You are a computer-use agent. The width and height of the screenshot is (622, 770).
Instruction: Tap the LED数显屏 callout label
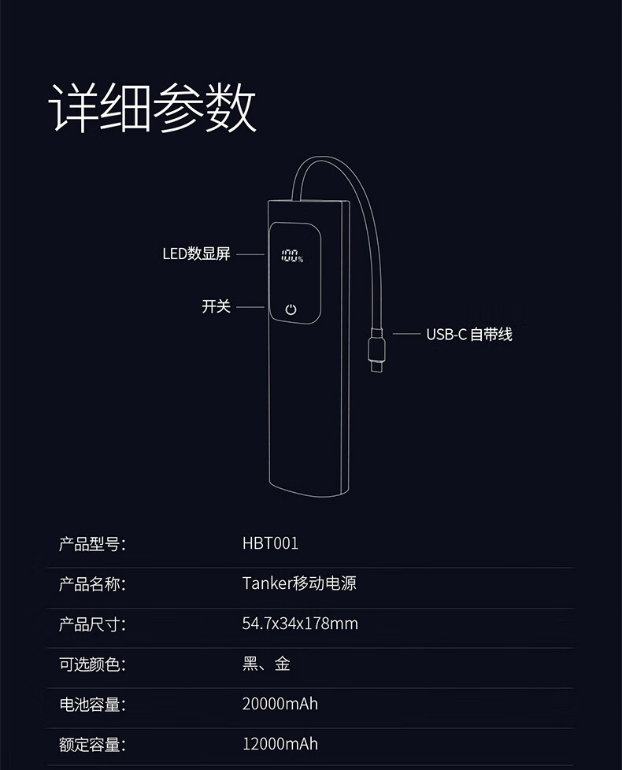click(x=196, y=254)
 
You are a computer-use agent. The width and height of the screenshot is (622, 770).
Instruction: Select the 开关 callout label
click(x=216, y=306)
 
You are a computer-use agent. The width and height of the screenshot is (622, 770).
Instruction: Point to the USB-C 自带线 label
click(x=469, y=334)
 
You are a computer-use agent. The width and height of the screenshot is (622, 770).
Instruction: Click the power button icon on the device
click(x=291, y=309)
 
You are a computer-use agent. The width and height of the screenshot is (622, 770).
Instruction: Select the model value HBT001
click(x=270, y=543)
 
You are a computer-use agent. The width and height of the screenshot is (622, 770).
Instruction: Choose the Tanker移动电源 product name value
click(x=299, y=583)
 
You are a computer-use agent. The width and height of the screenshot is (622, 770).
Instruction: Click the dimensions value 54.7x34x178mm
click(x=299, y=624)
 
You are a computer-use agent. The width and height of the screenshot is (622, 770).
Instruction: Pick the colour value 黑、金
click(x=266, y=664)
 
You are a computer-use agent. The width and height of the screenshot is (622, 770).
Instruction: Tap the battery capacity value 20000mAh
click(x=280, y=704)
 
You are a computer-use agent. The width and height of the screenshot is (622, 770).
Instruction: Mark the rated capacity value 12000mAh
click(x=280, y=744)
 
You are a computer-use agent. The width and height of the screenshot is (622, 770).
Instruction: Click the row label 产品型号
click(x=92, y=543)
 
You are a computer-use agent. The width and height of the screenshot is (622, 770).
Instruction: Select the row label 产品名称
click(x=92, y=583)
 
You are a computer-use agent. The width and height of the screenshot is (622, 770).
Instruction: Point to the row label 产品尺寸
click(x=92, y=624)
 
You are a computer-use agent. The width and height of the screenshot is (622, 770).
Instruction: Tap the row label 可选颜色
click(x=92, y=664)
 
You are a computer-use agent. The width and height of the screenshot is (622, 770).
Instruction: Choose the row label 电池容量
click(x=92, y=704)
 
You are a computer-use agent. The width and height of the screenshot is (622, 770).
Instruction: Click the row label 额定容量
click(x=92, y=744)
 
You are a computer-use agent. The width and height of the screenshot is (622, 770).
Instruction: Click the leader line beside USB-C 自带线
click(x=406, y=334)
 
